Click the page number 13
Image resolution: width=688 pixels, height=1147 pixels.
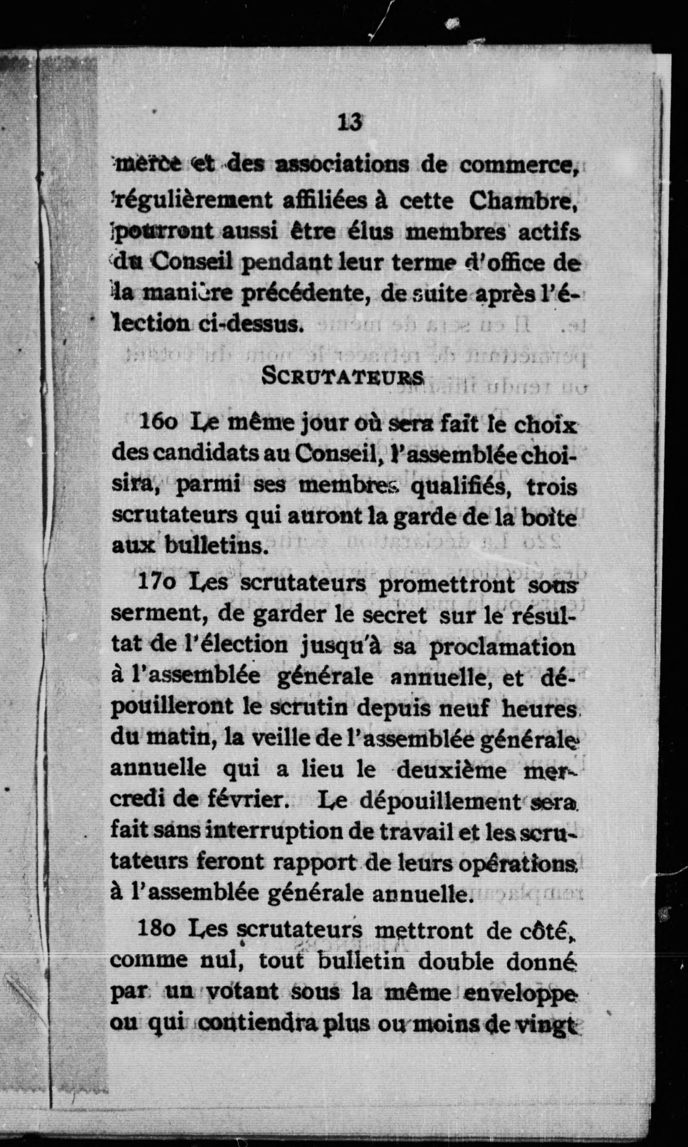click(x=350, y=123)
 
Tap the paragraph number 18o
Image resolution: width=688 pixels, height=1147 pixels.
click(x=156, y=930)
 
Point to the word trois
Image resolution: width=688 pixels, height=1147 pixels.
click(x=552, y=487)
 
